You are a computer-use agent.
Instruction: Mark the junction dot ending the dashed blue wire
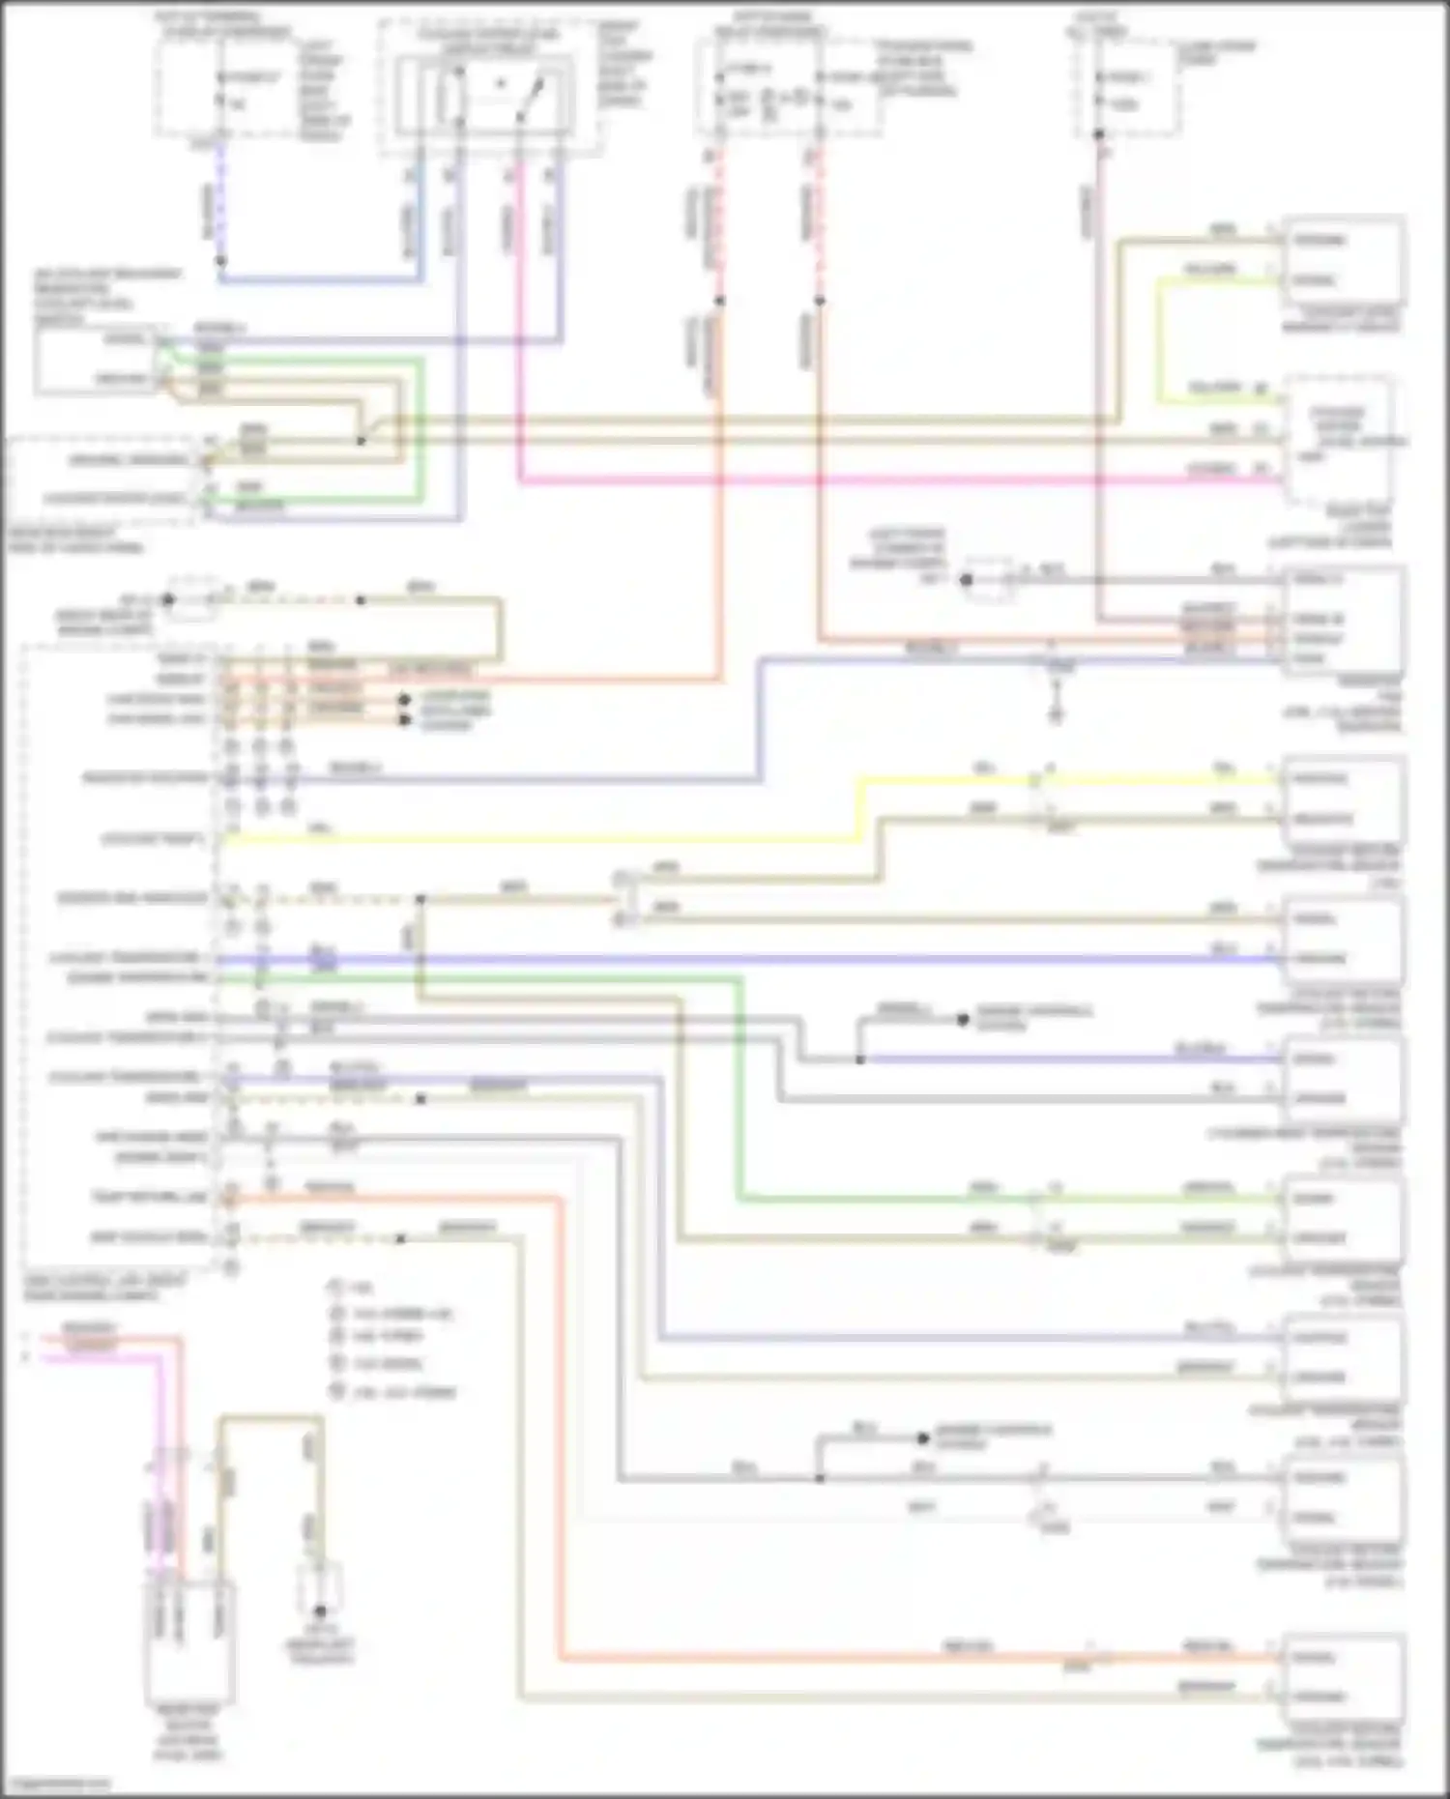click(x=220, y=261)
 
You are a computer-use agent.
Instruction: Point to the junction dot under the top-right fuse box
click(x=1099, y=134)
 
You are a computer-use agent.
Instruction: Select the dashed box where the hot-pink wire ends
click(x=1339, y=440)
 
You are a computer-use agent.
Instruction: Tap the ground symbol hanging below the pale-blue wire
click(x=1056, y=715)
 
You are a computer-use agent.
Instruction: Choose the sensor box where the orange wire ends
click(x=1342, y=1677)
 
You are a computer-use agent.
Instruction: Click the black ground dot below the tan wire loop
click(x=320, y=1611)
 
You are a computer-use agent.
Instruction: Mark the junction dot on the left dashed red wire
click(x=719, y=301)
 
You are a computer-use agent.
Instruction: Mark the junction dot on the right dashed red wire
click(x=819, y=301)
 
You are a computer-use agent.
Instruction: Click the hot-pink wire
click(x=870, y=479)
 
